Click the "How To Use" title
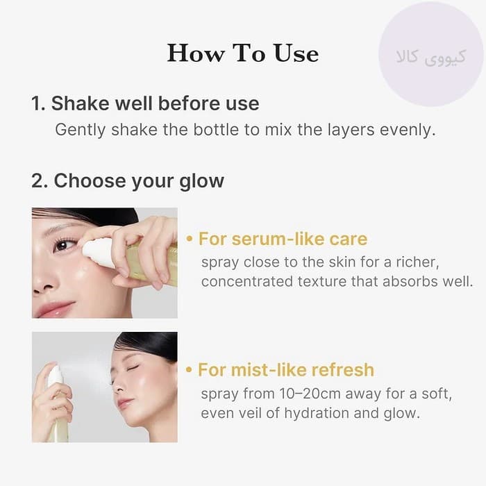coord(243,53)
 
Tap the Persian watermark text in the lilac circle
coord(431,57)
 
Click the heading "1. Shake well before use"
coord(145,103)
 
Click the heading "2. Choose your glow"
coord(128,181)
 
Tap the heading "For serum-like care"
coord(283,239)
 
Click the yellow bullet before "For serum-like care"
coord(189,240)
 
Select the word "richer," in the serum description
coord(417,262)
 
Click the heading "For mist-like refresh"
coord(286,370)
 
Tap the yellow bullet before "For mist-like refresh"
coord(189,370)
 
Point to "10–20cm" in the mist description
coord(309,394)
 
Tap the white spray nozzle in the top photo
coord(99,253)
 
